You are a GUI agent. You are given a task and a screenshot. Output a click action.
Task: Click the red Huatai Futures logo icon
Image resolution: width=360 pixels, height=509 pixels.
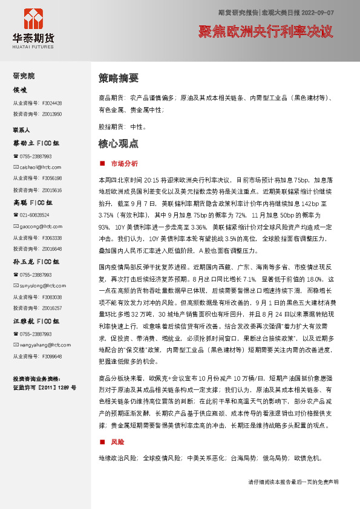tap(33, 20)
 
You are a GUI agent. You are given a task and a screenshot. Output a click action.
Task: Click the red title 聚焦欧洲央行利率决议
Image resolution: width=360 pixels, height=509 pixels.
tap(266, 32)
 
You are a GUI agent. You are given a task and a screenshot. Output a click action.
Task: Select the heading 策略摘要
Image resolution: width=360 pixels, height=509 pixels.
tap(119, 78)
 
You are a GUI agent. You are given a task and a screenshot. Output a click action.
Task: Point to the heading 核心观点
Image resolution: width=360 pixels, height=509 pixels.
tap(119, 144)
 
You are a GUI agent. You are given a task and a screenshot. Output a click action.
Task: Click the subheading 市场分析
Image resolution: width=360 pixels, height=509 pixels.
tap(125, 163)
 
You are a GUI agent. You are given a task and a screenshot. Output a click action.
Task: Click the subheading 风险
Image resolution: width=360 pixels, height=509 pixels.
tap(117, 443)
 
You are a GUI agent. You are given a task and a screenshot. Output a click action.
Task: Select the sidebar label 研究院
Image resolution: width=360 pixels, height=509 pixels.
tap(24, 76)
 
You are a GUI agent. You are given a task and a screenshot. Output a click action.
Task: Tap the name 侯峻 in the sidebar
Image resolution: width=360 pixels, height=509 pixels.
tap(21, 90)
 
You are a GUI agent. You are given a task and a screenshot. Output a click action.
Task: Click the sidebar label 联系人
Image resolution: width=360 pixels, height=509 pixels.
tap(22, 130)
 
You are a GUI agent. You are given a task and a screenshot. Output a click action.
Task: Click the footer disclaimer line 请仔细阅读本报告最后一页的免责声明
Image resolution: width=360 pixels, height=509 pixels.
tap(293, 482)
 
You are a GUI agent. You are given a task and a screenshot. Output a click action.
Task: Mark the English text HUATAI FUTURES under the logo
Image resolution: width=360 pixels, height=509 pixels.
tap(33, 45)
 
